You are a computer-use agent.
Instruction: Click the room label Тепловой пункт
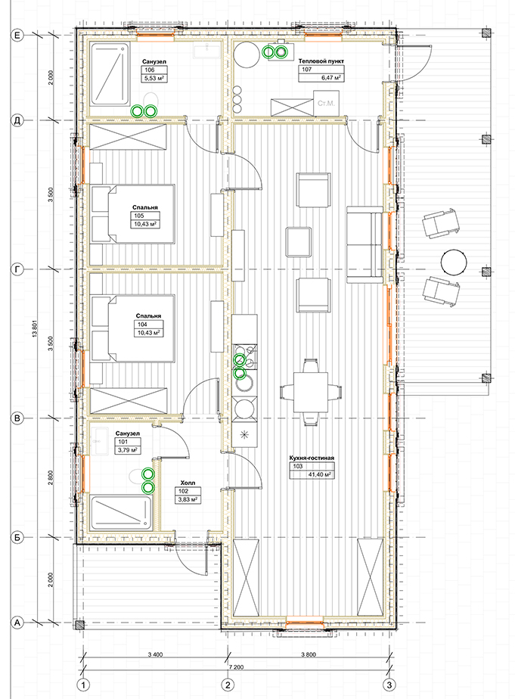[x=321, y=61]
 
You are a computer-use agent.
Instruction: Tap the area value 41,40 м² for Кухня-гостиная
[x=318, y=474]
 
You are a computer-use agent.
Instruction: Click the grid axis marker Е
[x=17, y=35]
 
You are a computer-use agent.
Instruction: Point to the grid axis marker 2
[x=228, y=684]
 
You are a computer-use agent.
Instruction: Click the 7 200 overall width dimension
[x=236, y=667]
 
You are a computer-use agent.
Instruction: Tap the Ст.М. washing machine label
[x=326, y=104]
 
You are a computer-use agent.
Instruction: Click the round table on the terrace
[x=454, y=262]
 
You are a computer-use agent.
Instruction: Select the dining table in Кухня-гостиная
[x=311, y=393]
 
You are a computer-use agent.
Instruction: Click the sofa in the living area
[x=365, y=244]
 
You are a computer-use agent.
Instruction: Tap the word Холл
[x=188, y=483]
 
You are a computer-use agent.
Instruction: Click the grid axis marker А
[x=17, y=623]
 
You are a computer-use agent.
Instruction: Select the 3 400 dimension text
[x=155, y=654]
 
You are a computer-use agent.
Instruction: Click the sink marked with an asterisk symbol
[x=244, y=435]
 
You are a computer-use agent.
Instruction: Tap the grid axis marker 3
[x=389, y=684]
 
